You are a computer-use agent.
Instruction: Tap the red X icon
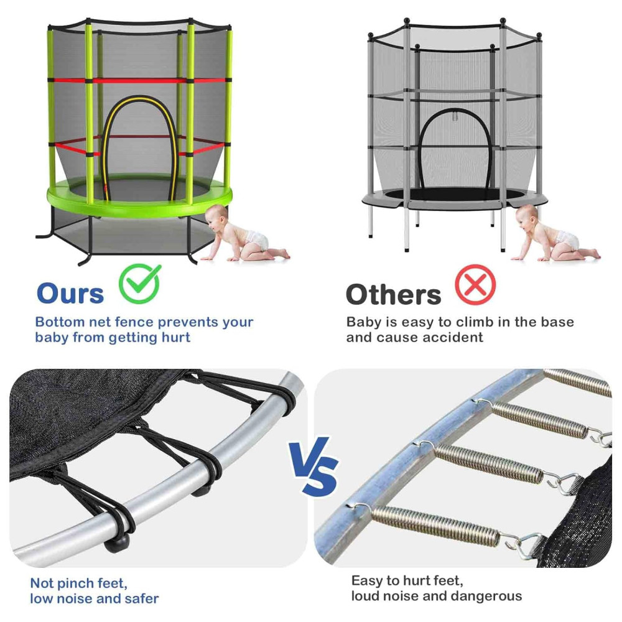(475, 285)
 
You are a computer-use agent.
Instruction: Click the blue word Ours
(70, 294)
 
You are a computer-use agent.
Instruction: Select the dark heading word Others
(393, 295)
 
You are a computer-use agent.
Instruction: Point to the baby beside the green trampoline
(244, 234)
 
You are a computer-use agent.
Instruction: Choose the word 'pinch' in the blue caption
(74, 583)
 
